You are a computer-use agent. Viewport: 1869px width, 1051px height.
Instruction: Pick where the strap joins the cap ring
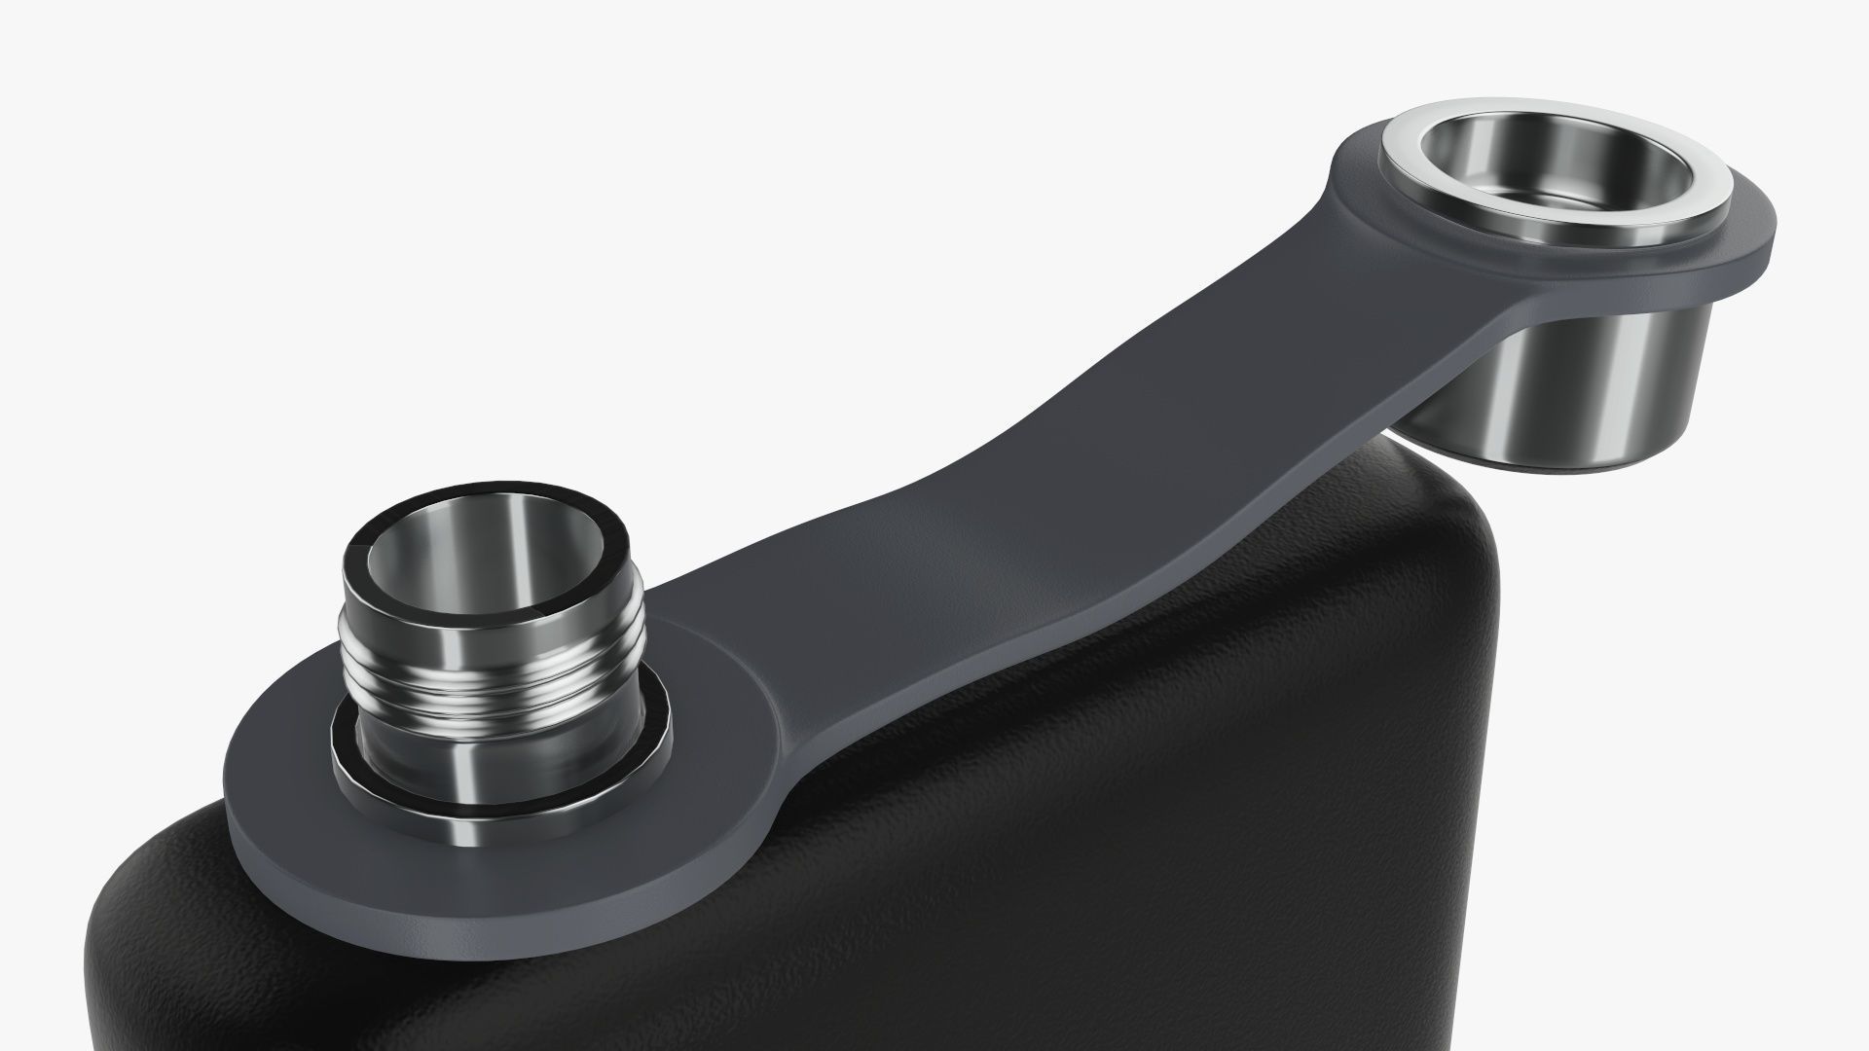(1363, 253)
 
